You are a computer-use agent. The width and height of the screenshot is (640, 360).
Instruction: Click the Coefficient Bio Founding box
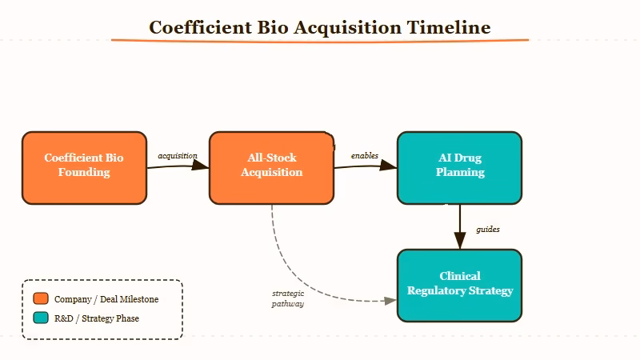tap(84, 168)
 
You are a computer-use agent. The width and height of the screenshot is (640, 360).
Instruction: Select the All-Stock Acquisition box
tap(271, 168)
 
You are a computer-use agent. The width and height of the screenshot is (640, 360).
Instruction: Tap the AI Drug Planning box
tap(459, 168)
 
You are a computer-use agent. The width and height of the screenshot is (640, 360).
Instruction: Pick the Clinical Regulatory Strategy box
tap(459, 286)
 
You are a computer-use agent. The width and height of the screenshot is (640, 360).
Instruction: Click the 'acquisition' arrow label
tap(178, 155)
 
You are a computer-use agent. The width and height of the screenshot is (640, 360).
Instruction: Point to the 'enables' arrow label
tap(365, 155)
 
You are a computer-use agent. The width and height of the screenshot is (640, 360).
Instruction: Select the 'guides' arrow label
tap(488, 230)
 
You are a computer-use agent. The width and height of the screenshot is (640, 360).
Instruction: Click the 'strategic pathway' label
tap(288, 298)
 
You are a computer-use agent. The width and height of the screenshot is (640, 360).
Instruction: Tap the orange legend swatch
tap(41, 299)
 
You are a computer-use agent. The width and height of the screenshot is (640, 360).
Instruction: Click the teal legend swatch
tap(41, 318)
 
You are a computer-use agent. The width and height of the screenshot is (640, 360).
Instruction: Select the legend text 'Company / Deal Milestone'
tap(106, 299)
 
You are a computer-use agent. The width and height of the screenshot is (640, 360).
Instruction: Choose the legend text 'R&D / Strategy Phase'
tap(96, 318)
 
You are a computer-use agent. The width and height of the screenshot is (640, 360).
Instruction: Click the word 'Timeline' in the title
tap(449, 27)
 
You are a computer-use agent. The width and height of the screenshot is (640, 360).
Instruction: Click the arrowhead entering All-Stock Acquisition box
tap(202, 166)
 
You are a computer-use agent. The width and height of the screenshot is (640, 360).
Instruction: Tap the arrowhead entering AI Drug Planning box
tap(390, 166)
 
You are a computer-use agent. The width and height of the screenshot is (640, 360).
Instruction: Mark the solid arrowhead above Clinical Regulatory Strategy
tap(459, 241)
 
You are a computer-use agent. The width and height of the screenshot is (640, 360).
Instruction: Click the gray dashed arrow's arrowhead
tap(391, 301)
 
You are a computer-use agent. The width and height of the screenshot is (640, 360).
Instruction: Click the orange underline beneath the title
tap(320, 40)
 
